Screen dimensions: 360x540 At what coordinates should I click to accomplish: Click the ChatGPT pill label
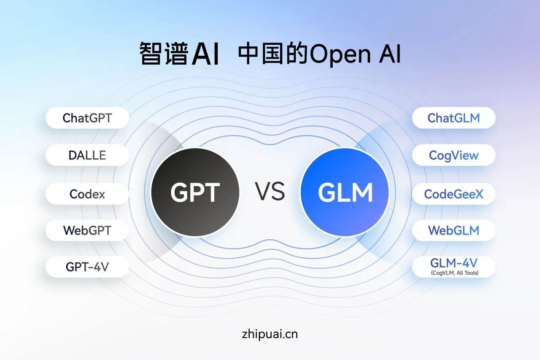click(87, 118)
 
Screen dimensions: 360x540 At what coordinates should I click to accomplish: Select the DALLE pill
click(87, 155)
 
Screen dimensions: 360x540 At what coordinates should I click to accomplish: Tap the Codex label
click(87, 194)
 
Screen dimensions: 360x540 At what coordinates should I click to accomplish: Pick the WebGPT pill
click(87, 230)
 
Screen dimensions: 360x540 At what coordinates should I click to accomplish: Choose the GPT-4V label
click(87, 267)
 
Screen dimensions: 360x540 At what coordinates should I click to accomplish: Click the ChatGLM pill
click(454, 118)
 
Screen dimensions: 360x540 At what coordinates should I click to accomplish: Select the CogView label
click(454, 155)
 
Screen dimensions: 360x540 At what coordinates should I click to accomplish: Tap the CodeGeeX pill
click(454, 194)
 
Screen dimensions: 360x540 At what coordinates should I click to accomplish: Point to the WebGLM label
click(454, 230)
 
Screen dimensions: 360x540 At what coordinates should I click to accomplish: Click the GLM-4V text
click(454, 263)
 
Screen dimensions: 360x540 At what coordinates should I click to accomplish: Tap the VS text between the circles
click(270, 192)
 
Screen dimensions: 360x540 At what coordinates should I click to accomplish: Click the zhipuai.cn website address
click(270, 334)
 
